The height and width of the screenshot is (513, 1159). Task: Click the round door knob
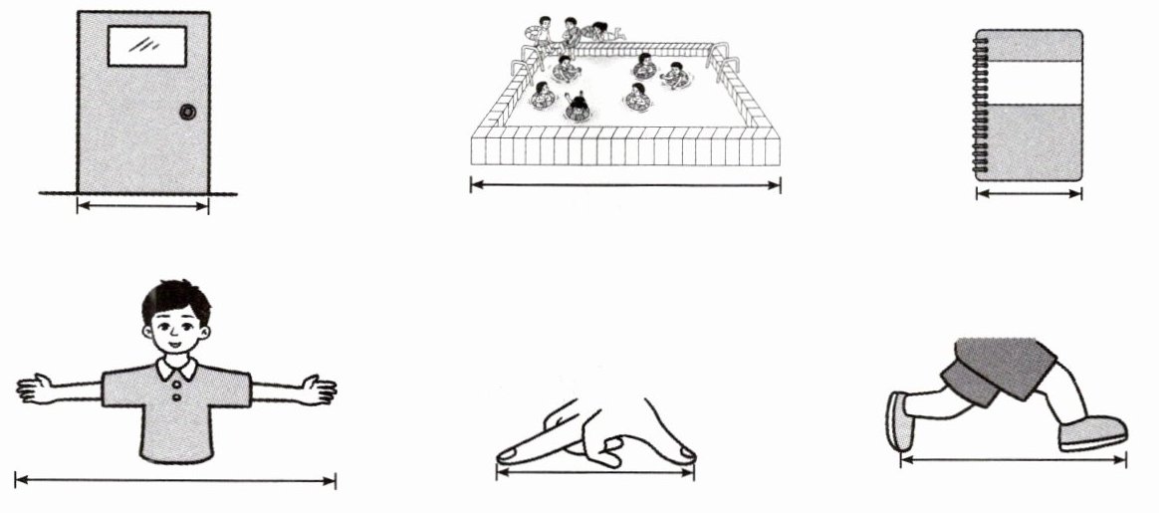pos(187,113)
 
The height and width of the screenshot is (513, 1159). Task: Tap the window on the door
pos(147,46)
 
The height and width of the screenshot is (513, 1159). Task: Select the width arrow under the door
pos(143,207)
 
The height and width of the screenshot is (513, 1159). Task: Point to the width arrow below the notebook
pos(1029,193)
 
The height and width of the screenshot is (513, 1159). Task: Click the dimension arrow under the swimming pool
pos(625,184)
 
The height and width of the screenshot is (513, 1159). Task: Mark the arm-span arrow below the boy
pos(175,481)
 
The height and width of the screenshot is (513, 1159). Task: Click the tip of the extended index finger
pos(507,455)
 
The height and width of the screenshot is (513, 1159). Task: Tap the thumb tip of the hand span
pos(684,454)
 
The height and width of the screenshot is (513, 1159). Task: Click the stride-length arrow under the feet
pos(1014,459)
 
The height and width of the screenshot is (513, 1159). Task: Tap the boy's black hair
pos(174,296)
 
